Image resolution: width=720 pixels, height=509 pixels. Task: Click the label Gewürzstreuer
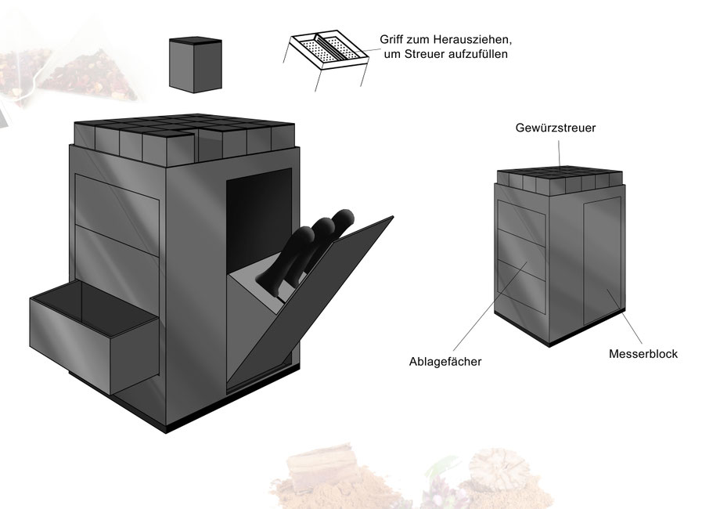pyautogui.click(x=555, y=128)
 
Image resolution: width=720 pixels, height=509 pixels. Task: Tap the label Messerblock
pyautogui.click(x=643, y=354)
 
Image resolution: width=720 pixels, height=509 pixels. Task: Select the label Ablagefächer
pyautogui.click(x=445, y=362)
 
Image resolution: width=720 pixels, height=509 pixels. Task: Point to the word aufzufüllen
pyautogui.click(x=479, y=54)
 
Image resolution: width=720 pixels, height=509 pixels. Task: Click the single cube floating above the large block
pyautogui.click(x=195, y=65)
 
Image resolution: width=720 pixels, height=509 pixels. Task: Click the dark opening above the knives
pyautogui.click(x=259, y=216)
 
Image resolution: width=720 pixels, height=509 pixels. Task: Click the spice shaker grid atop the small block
pyautogui.click(x=560, y=181)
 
